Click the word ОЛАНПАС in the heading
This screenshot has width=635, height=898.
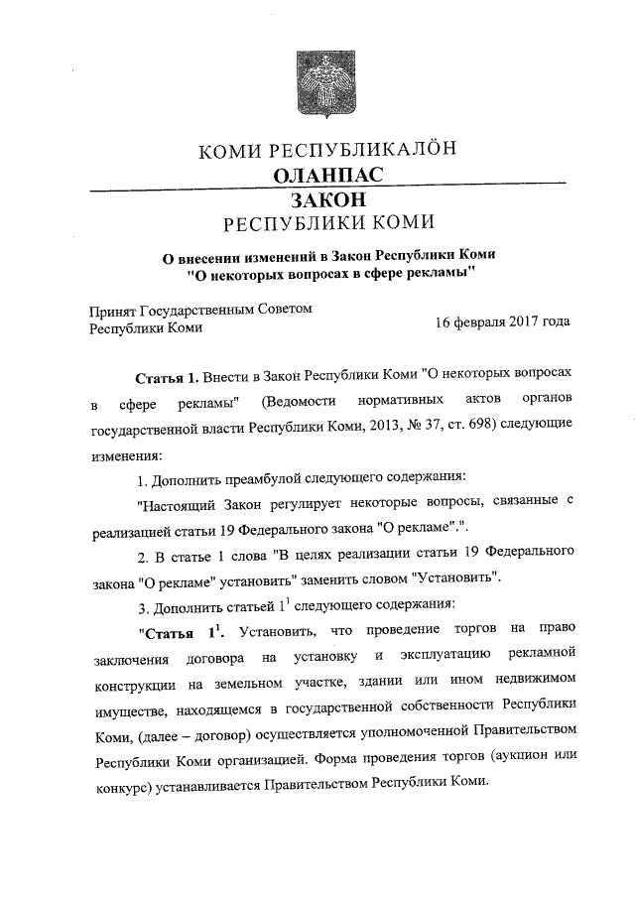[x=327, y=176]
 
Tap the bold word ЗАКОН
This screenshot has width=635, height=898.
[x=327, y=199]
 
